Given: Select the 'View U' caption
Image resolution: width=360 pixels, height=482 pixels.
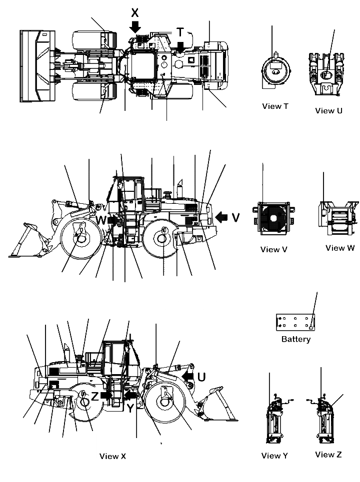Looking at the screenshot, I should click(328, 110).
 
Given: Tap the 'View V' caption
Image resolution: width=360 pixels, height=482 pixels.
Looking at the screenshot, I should click(274, 249).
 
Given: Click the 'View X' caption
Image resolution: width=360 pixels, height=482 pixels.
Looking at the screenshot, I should click(112, 456).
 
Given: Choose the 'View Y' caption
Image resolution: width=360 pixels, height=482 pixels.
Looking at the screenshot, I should click(274, 455).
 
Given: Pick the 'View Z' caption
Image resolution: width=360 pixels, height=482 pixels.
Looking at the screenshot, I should click(328, 454).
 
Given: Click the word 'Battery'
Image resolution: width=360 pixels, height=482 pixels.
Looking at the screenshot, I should click(296, 339).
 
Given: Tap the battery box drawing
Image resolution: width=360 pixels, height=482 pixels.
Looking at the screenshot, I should click(296, 322).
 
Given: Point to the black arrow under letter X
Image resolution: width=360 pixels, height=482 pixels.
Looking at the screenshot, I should click(134, 27).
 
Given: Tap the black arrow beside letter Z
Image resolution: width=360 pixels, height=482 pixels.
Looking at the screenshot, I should click(106, 395).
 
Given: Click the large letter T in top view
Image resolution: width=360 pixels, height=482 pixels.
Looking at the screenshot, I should click(179, 32).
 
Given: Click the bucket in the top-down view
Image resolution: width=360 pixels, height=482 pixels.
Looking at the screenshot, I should click(35, 66).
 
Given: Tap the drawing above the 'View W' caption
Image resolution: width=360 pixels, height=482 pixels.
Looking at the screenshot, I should click(338, 218).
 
